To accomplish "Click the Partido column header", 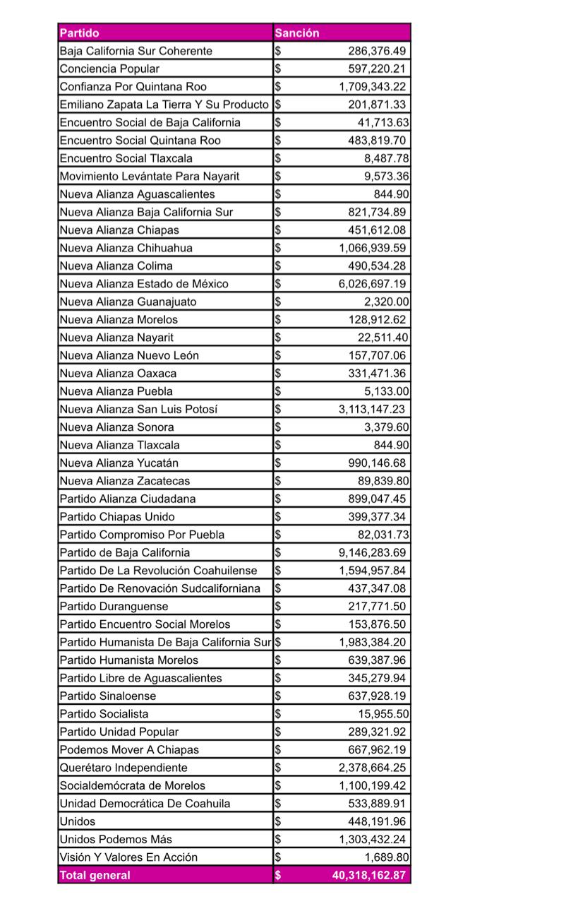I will pos(79,32).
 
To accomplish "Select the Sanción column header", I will pos(297,32).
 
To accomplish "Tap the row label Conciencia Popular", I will pos(109,69).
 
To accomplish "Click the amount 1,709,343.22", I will pos(372,87).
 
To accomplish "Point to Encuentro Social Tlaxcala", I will pos(126,158).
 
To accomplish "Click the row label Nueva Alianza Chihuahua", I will pos(126,248).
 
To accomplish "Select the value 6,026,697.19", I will pos(372,284).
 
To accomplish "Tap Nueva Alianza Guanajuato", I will pos(128,302).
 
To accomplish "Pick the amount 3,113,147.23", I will pos(372,409).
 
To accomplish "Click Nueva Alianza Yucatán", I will pos(119,463).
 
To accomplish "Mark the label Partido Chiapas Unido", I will pos(117,516).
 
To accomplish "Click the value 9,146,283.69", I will pos(372,552).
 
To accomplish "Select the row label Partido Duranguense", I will pos(114,606).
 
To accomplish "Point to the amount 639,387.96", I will pos(378,660).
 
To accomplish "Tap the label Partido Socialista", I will pos(104,713).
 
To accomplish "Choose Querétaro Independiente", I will pos(124,767).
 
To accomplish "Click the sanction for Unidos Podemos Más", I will pos(372,839).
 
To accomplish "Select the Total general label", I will pos(95,875).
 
